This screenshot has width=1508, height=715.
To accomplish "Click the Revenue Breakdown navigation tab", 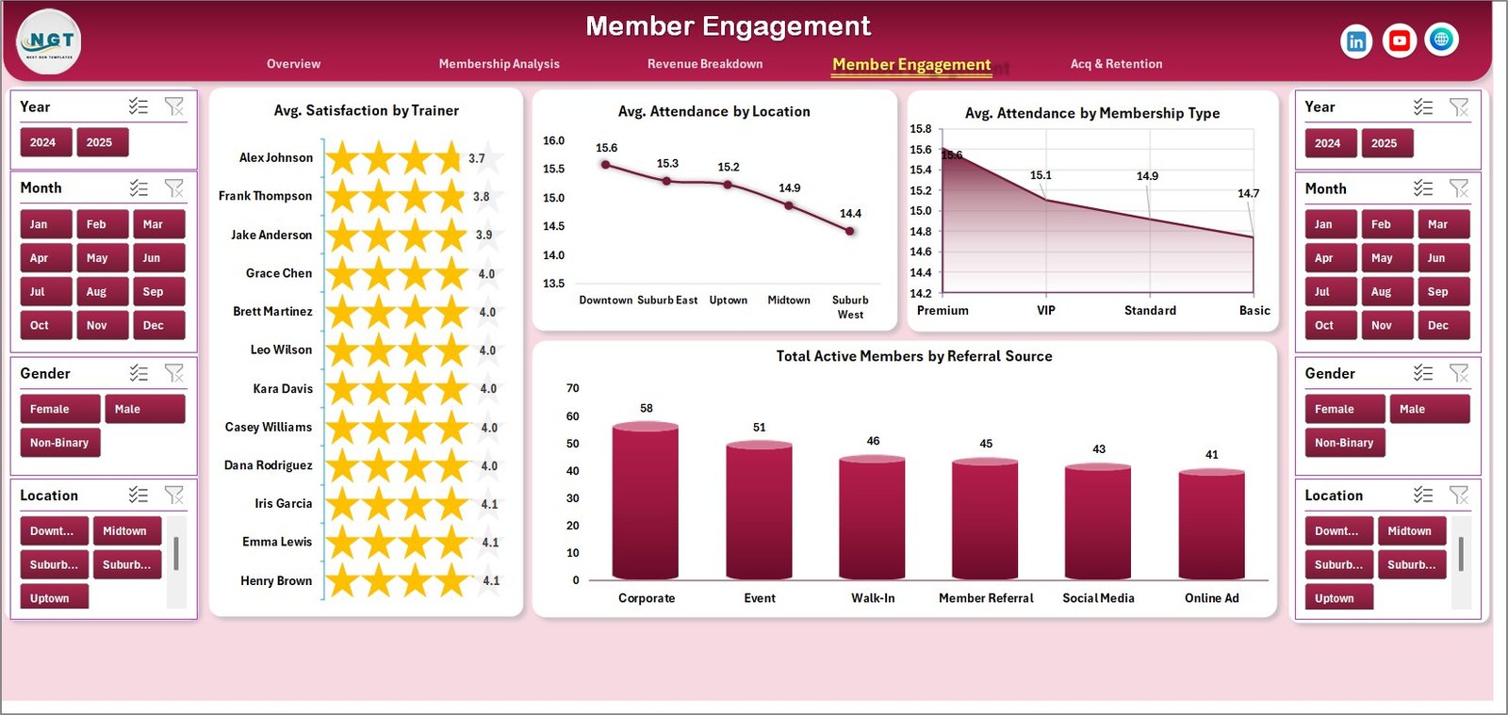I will coord(705,64).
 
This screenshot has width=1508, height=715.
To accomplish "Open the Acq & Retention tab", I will coord(1116,64).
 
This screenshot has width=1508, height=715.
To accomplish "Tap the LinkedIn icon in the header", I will coord(1356,41).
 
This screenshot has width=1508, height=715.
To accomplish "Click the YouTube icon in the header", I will coord(1399,41).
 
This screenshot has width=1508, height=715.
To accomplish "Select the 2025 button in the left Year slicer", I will coord(100,142).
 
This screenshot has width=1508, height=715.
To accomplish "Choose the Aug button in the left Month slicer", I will coord(97,292).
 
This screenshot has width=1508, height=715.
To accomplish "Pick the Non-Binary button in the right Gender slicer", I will coord(1344,443).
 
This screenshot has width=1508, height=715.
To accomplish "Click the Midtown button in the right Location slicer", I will coord(1409,531).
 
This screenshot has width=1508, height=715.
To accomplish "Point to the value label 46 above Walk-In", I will coord(873,441).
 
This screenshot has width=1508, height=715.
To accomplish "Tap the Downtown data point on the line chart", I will coord(606,165).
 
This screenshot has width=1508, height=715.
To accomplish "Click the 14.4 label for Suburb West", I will coord(850,214).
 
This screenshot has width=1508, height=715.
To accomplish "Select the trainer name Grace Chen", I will coord(279,273).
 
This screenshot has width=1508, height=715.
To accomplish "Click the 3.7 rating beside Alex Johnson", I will coord(477,159).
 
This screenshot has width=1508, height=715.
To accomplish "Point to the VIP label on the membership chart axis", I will coord(1046,310).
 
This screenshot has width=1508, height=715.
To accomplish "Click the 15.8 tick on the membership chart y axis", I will coord(920,129).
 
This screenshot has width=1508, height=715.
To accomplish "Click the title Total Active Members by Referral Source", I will coord(913,356).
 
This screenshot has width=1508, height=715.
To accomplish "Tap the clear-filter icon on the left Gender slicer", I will coord(174,373).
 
